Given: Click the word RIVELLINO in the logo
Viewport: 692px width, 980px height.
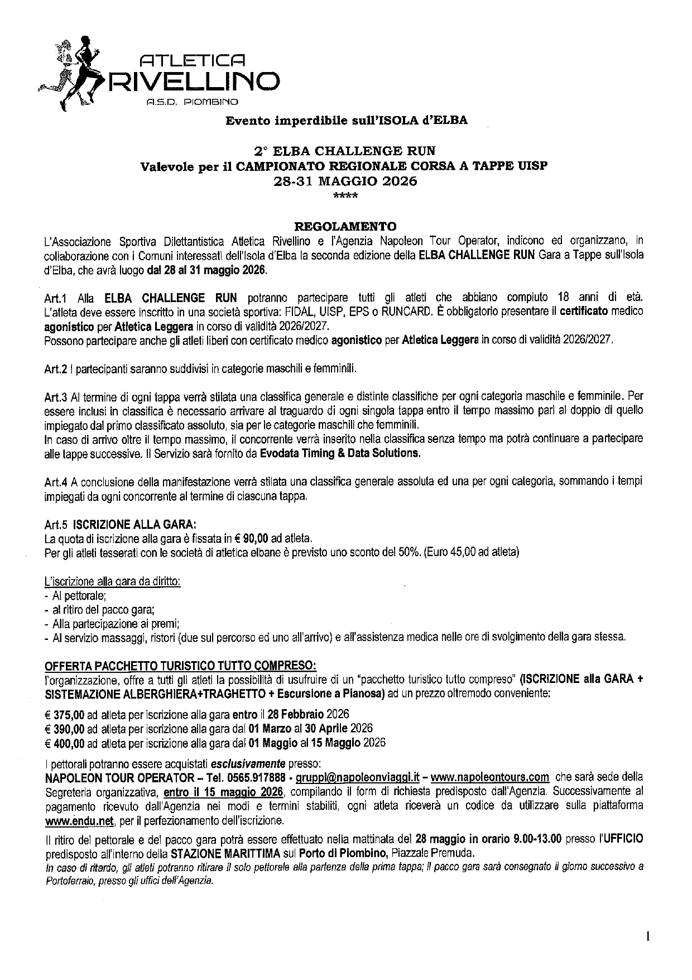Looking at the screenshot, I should point(195,82).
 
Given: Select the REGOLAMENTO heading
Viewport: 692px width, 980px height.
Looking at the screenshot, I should point(345,226).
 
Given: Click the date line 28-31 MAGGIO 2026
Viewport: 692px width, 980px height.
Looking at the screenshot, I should point(345,182).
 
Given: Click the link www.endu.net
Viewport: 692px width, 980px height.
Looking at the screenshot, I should point(79,821).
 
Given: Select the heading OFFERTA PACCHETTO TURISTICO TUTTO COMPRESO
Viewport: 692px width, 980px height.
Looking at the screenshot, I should point(180,666).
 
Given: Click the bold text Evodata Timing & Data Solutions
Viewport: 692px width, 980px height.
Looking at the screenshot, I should point(340,453).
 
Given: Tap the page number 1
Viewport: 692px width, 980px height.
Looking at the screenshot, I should point(647,936).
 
